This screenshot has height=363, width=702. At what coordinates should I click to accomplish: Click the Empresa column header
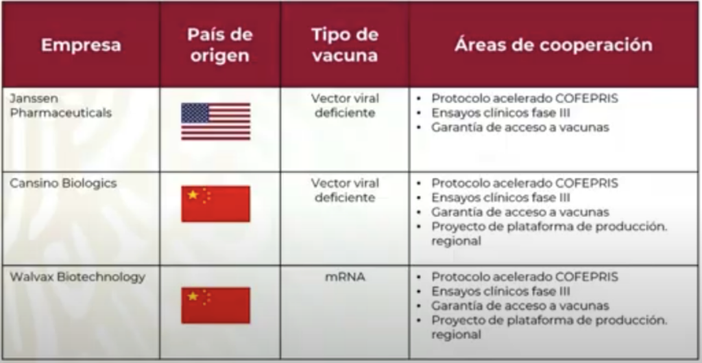click(x=81, y=45)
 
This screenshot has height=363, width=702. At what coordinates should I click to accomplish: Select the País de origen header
click(x=220, y=45)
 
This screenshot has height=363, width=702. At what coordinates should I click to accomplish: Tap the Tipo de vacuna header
click(x=345, y=45)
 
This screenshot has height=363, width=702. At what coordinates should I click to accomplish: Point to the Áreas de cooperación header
click(x=553, y=45)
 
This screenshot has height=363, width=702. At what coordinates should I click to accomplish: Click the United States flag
click(x=216, y=121)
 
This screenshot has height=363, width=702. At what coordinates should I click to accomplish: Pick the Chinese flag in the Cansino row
click(x=216, y=204)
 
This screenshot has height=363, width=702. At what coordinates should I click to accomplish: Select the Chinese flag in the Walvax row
click(x=216, y=305)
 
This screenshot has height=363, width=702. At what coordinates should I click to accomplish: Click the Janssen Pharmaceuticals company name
click(x=60, y=106)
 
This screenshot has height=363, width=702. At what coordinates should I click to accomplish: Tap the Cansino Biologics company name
click(x=63, y=183)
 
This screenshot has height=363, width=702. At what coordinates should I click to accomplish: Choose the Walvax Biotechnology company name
click(x=77, y=277)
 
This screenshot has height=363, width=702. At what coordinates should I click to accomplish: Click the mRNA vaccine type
click(x=345, y=277)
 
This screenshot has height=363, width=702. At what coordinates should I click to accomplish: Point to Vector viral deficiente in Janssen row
click(x=345, y=106)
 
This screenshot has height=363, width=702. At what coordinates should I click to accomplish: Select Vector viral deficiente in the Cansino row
click(x=345, y=191)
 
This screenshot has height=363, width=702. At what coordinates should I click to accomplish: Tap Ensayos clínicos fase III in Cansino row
click(x=500, y=198)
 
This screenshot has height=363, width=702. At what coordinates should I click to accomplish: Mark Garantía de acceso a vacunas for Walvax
click(x=520, y=306)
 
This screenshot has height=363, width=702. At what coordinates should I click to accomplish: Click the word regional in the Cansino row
click(x=456, y=241)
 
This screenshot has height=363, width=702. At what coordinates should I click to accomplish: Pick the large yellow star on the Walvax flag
click(x=193, y=296)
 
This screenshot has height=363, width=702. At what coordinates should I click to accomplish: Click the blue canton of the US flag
click(x=195, y=113)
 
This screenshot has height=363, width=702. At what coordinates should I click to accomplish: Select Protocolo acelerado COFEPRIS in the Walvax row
click(x=524, y=277)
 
